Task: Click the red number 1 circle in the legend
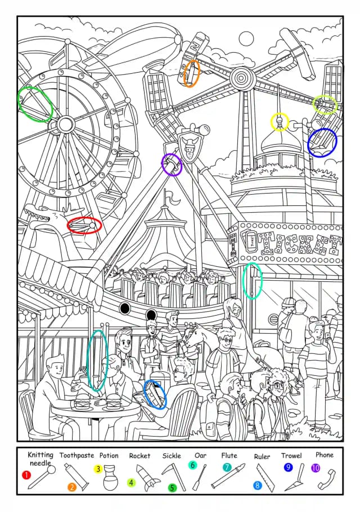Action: click(x=26, y=474)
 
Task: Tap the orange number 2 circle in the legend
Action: click(x=72, y=487)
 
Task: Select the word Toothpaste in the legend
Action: click(x=76, y=455)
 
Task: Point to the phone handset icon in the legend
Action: click(x=326, y=479)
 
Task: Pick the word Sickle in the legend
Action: click(x=172, y=456)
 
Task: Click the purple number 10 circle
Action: click(x=316, y=468)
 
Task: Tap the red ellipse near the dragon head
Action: click(x=84, y=225)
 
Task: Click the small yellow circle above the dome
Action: click(x=280, y=122)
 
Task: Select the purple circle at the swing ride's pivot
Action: click(x=172, y=164)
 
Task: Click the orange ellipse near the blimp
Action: click(x=192, y=74)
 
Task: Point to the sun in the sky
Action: click(x=246, y=39)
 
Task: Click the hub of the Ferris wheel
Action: click(x=66, y=124)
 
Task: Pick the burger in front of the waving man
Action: click(x=80, y=404)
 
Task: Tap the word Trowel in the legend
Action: click(x=291, y=456)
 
